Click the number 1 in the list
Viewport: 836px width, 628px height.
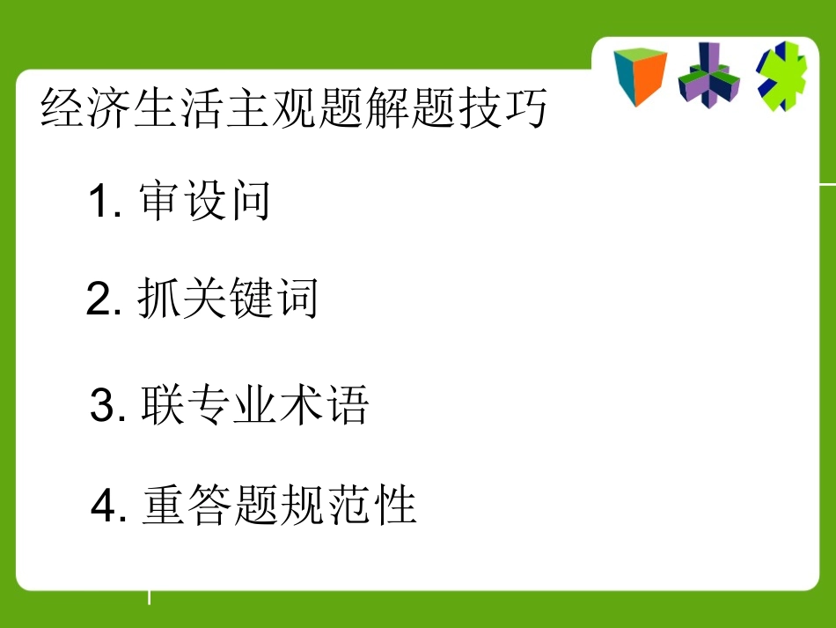tap(99, 203)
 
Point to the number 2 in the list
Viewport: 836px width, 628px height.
tap(99, 301)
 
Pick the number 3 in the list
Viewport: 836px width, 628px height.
tap(103, 407)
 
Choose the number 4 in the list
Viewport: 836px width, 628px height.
tap(105, 507)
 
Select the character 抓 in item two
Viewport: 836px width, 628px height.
tap(159, 300)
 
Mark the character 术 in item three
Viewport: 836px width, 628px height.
tap(300, 406)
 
